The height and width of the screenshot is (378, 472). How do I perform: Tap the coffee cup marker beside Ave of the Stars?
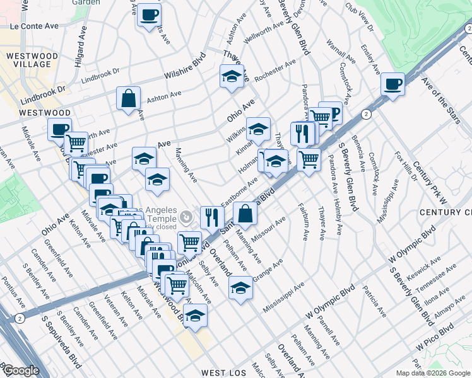point(392,84)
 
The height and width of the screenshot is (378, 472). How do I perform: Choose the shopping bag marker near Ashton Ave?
point(128,99)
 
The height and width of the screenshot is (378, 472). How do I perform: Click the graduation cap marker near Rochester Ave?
point(232,77)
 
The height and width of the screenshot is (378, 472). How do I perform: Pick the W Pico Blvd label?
point(435,338)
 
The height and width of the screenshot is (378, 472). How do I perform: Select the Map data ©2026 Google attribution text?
point(433,373)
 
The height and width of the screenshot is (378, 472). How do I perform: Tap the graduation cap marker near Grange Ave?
point(240,287)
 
